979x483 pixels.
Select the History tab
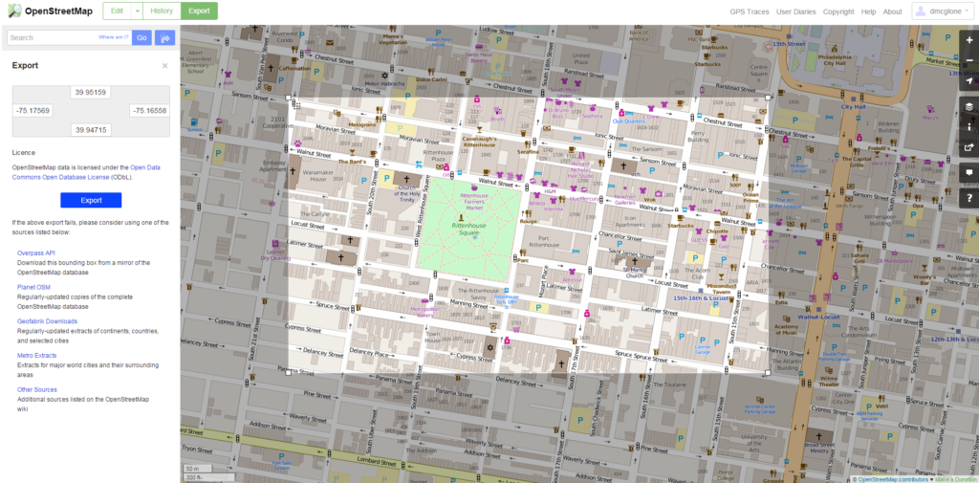coord(163,11)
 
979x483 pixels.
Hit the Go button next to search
coord(141,37)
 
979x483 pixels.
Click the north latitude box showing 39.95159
coord(91,93)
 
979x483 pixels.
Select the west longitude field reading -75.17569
coord(33,111)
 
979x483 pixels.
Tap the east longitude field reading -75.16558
coord(149,111)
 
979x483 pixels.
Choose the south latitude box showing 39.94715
coord(91,129)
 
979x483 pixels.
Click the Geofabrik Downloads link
coord(48,321)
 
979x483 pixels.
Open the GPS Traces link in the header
coord(749,11)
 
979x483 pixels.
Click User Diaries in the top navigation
coord(796,11)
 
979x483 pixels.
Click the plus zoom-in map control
coord(968,40)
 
